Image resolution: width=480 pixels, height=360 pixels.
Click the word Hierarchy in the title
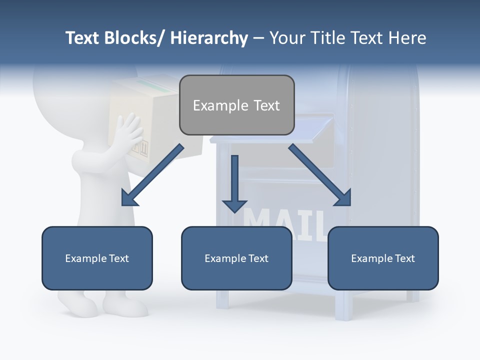click(209, 38)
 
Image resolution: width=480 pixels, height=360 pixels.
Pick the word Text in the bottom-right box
click(404, 258)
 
